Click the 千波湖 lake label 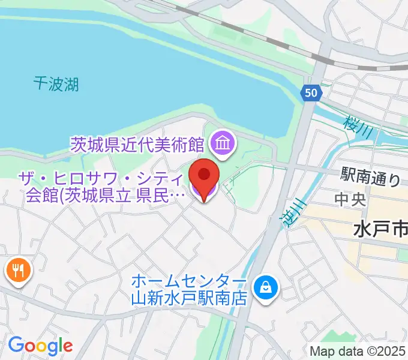click(x=56, y=84)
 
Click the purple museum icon click(x=224, y=144)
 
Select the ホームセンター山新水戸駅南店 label click(x=189, y=290)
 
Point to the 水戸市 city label click(x=380, y=229)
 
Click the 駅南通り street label click(x=370, y=177)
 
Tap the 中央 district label click(x=350, y=199)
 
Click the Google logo click(x=40, y=346)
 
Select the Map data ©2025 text click(x=358, y=351)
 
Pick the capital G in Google click(x=16, y=345)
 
